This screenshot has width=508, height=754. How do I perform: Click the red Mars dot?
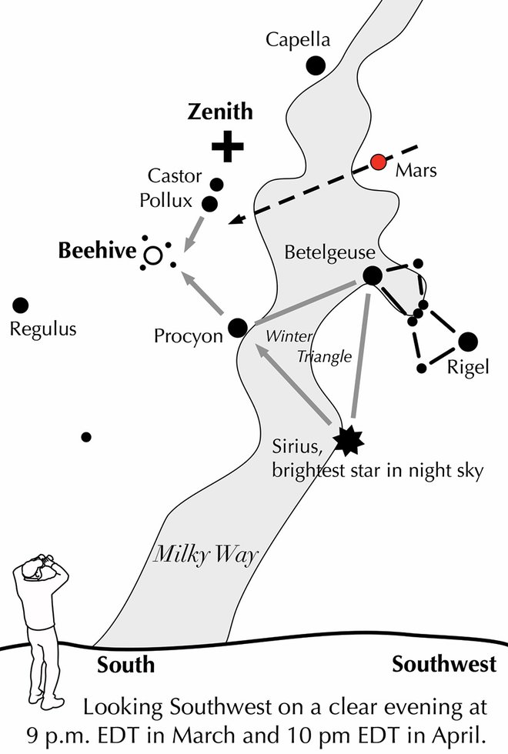click(378, 162)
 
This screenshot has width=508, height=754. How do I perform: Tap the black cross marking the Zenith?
click(227, 146)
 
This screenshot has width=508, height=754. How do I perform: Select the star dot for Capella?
click(315, 65)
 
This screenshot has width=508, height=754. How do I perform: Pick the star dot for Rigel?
click(467, 342)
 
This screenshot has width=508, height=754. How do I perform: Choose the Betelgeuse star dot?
click(373, 275)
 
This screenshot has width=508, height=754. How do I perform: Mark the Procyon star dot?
click(238, 328)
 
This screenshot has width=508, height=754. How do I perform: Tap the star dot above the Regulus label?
click(21, 305)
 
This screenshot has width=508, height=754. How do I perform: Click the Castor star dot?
click(217, 185)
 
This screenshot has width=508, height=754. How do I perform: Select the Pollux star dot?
click(209, 203)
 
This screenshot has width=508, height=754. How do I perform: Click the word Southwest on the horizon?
click(450, 664)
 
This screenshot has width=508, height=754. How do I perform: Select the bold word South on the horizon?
click(126, 665)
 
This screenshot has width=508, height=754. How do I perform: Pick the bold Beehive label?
click(96, 250)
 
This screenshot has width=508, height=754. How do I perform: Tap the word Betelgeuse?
click(329, 252)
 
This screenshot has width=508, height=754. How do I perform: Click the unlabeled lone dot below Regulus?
click(86, 437)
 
